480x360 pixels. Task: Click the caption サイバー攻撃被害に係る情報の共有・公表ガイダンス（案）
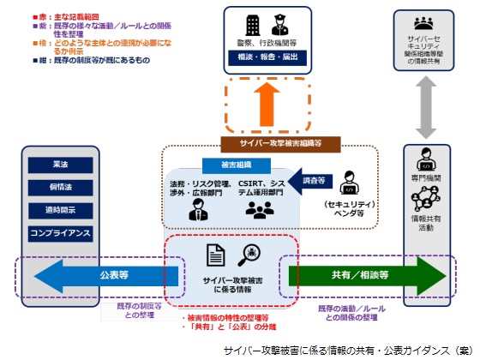point(346,351)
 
